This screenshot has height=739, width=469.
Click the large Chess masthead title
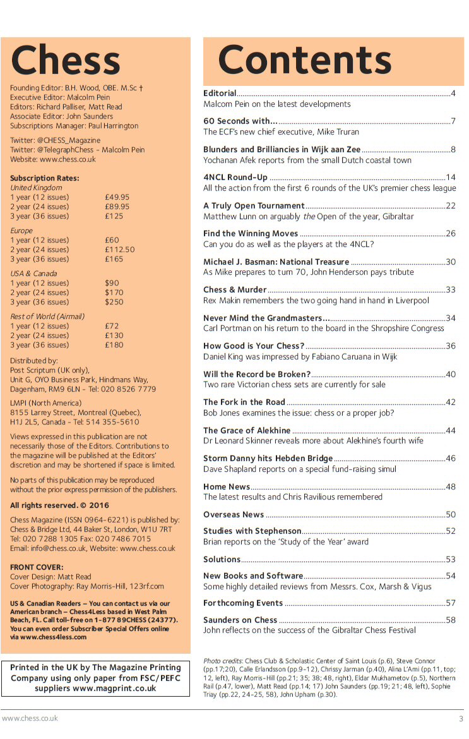pyautogui.click(x=65, y=61)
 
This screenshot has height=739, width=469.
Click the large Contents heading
pyautogui.click(x=305, y=61)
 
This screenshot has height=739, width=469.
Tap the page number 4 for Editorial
pyautogui.click(x=453, y=93)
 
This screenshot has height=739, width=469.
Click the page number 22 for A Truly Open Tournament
pyautogui.click(x=450, y=205)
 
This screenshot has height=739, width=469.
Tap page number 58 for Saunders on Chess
pyautogui.click(x=450, y=620)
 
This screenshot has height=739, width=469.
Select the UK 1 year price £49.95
pyautogui.click(x=117, y=197)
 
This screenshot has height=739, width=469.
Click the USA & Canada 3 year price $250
pyautogui.click(x=115, y=302)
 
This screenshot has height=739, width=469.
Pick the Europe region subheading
pyautogui.click(x=21, y=231)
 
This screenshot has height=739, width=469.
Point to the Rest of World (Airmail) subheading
pyautogui.click(x=47, y=316)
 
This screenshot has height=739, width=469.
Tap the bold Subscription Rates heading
pyautogui.click(x=45, y=178)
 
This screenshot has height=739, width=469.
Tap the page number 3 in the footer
pyautogui.click(x=461, y=719)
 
